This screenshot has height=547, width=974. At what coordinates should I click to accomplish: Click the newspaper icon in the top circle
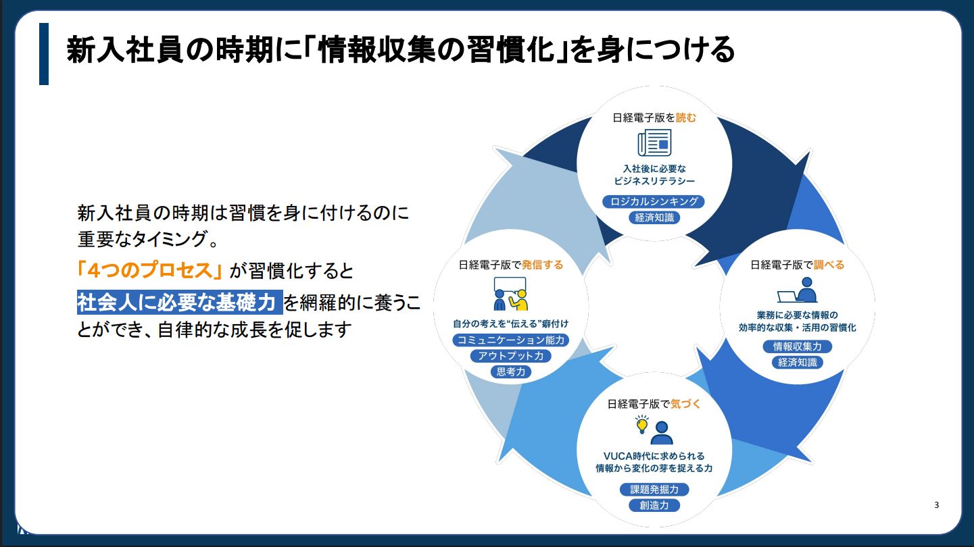pyautogui.click(x=654, y=143)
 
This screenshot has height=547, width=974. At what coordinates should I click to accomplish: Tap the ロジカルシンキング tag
pyautogui.click(x=654, y=201)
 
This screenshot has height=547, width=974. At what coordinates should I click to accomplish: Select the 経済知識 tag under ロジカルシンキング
pyautogui.click(x=654, y=217)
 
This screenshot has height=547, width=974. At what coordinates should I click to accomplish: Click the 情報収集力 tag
pyautogui.click(x=797, y=346)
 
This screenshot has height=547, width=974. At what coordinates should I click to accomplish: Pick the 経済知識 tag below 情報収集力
pyautogui.click(x=797, y=363)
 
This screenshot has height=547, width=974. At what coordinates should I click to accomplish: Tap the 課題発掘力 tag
pyautogui.click(x=654, y=490)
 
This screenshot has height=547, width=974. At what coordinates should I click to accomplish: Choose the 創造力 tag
pyautogui.click(x=654, y=505)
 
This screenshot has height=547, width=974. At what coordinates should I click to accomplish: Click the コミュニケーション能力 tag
pyautogui.click(x=510, y=340)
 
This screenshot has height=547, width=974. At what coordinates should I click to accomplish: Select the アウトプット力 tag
pyautogui.click(x=510, y=356)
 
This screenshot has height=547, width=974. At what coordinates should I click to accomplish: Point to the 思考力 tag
pyautogui.click(x=510, y=371)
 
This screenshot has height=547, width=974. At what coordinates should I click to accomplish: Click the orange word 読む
pyautogui.click(x=686, y=117)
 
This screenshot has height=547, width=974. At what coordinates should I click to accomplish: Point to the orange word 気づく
pyautogui.click(x=685, y=404)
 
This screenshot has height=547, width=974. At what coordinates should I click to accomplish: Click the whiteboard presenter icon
pyautogui.click(x=510, y=292)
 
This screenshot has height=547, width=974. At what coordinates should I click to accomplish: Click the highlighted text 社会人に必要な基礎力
pyautogui.click(x=178, y=302)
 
